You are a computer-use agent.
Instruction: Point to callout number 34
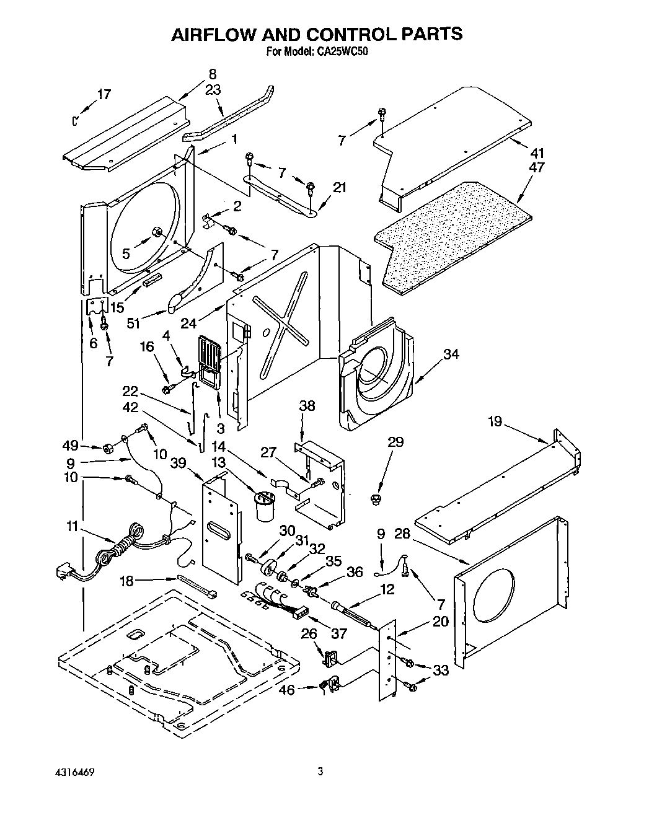click(x=451, y=354)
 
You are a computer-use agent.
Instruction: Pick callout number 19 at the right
click(x=495, y=422)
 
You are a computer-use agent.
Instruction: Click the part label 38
click(x=307, y=406)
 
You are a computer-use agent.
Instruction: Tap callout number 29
click(x=395, y=442)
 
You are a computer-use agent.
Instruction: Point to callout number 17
click(x=104, y=94)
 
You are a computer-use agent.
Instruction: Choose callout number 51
click(x=132, y=323)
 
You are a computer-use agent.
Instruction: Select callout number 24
click(x=189, y=322)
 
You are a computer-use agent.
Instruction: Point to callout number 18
click(x=126, y=580)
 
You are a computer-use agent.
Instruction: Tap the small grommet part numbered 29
click(x=374, y=498)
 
